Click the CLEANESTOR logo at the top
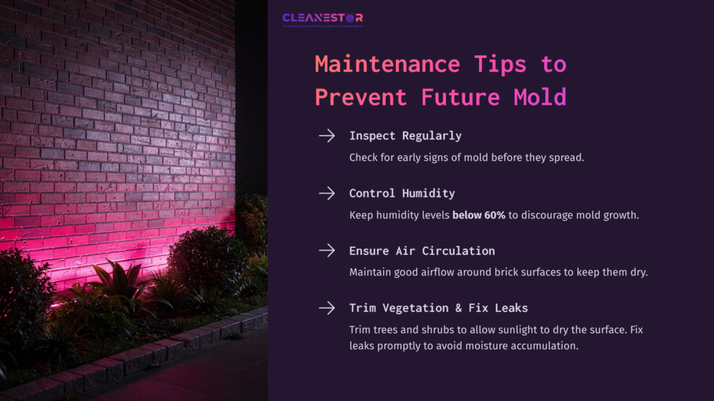coord(322,18)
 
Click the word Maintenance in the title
coord(387,64)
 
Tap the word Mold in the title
coord(540,97)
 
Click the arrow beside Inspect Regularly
coord(326,136)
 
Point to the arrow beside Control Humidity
coord(326,193)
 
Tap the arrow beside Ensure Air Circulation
coord(326,250)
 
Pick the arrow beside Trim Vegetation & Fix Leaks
coord(326,308)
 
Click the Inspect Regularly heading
coord(405,136)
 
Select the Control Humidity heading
coord(402,193)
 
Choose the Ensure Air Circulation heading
coord(422,251)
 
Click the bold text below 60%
coord(479,215)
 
